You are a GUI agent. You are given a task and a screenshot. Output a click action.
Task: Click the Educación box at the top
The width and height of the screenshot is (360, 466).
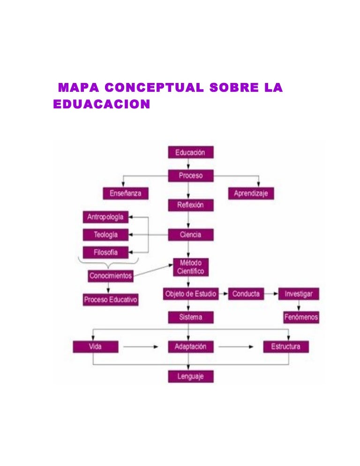190,152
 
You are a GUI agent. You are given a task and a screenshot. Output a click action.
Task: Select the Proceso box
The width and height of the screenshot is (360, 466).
190,175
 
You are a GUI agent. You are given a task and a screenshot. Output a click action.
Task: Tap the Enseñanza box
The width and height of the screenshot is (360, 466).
126,193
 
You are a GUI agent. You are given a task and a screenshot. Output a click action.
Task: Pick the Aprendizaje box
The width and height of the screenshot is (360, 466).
251,193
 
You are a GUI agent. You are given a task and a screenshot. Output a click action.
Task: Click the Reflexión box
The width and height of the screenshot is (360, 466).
190,205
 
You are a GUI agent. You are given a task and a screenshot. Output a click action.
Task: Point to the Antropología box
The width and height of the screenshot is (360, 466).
105,217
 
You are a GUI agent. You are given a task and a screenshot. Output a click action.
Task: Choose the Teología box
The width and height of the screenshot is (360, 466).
105,234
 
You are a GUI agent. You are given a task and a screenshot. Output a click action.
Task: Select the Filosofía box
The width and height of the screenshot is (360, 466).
105,252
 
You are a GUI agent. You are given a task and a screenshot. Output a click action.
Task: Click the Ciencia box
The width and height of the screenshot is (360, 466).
190,234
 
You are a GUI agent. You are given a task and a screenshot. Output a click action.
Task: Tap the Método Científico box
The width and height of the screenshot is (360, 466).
190,267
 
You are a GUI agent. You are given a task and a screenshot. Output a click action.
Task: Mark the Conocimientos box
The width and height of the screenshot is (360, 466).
111,276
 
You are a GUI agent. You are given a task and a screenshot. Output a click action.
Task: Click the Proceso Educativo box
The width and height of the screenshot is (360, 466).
111,300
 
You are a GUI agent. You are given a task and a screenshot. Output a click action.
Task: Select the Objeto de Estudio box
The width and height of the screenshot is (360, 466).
190,294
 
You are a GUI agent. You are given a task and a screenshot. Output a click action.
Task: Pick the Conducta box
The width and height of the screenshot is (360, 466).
246,294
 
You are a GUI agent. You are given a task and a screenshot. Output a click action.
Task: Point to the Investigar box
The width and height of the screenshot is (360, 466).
299,294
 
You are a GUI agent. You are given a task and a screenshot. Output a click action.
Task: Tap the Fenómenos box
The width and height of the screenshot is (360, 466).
301,317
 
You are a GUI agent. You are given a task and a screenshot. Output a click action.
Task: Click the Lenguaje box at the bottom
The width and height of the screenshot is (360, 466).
190,376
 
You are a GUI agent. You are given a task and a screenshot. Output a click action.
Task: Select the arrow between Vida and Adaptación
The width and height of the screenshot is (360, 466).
141,347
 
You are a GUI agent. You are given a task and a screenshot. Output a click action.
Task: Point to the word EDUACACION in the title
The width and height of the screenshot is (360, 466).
102,104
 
